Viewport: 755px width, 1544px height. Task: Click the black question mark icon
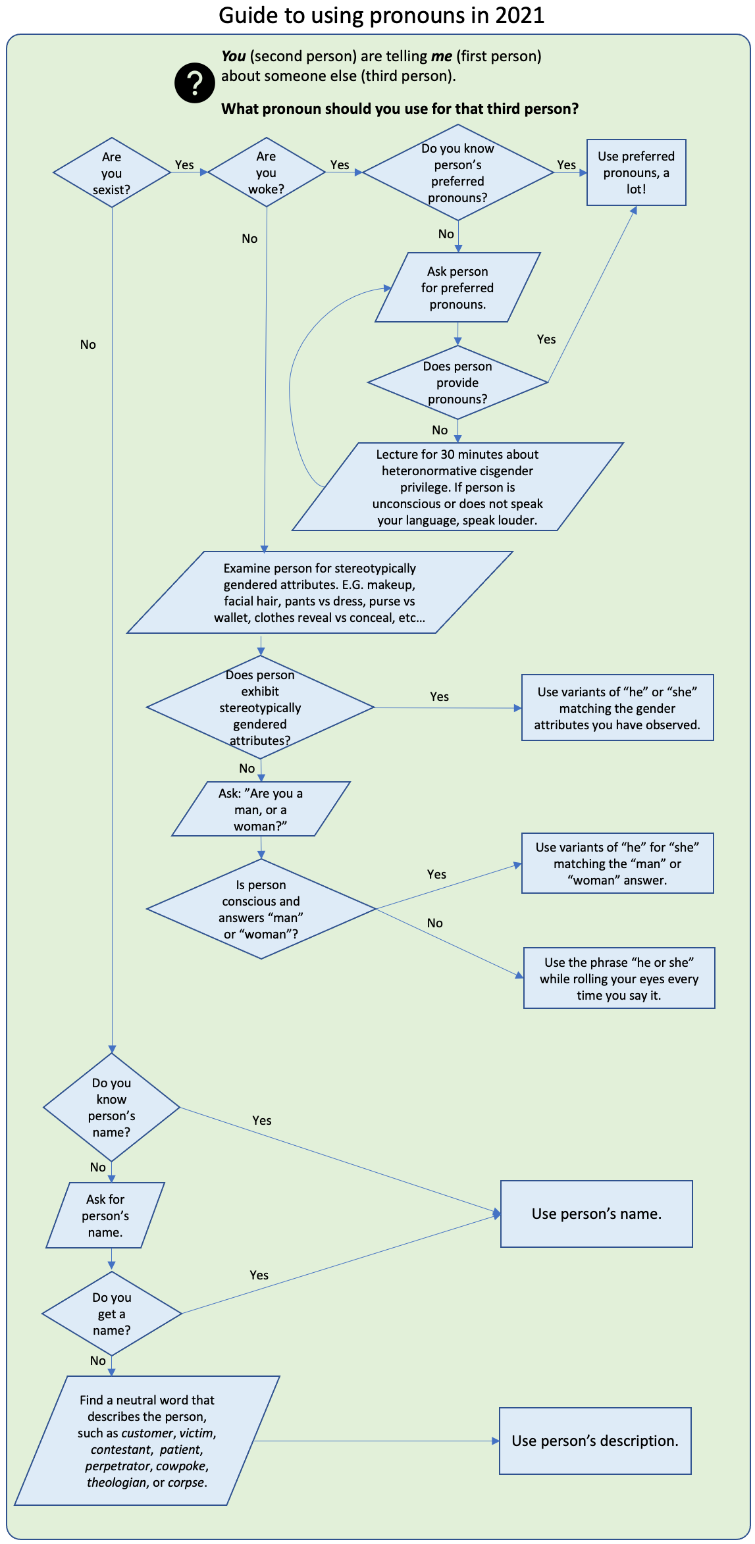pyautogui.click(x=194, y=83)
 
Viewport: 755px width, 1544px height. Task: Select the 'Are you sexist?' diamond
pyautogui.click(x=112, y=172)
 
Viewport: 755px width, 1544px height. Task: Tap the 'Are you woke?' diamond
pyautogui.click(x=267, y=172)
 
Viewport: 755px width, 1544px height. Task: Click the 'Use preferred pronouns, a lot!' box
pyautogui.click(x=637, y=172)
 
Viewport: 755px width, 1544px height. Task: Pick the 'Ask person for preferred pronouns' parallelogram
pyautogui.click(x=457, y=288)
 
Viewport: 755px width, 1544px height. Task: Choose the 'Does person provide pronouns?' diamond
pyautogui.click(x=457, y=382)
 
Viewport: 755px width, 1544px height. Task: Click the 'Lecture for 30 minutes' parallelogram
pyautogui.click(x=457, y=486)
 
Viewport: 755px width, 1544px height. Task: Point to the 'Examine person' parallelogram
pyautogui.click(x=320, y=592)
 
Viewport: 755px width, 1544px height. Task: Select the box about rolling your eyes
pyautogui.click(x=619, y=978)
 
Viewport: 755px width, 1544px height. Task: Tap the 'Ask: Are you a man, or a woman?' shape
pyautogui.click(x=261, y=809)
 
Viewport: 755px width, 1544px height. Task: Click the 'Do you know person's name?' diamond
pyautogui.click(x=112, y=1107)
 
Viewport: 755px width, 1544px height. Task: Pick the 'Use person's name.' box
pyautogui.click(x=596, y=1214)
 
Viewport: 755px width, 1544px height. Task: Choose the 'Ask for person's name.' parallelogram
pyautogui.click(x=105, y=1215)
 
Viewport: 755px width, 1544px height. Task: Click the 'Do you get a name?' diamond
pyautogui.click(x=112, y=1314)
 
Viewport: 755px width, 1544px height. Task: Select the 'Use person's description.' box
pyautogui.click(x=595, y=1441)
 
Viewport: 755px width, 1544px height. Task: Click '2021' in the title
pyautogui.click(x=520, y=15)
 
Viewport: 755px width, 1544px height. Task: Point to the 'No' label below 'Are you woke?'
pyautogui.click(x=249, y=238)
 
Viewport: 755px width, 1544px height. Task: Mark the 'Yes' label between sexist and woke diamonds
pyautogui.click(x=184, y=165)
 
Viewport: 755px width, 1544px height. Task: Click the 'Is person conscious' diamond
pyautogui.click(x=261, y=909)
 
